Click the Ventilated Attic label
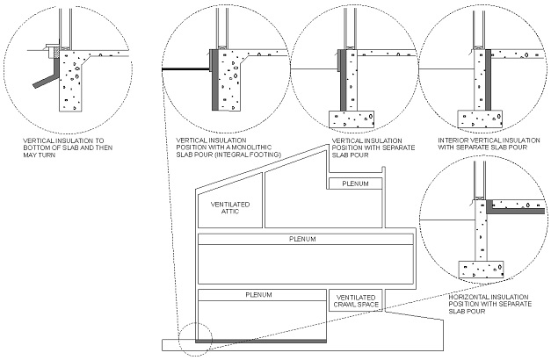click(231, 208)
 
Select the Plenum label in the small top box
click(355, 184)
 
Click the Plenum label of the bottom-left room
click(258, 294)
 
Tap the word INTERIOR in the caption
click(455, 140)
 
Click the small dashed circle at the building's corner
click(194, 340)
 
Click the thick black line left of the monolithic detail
click(185, 70)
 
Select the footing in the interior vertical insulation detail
click(478, 118)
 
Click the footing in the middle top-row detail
click(352, 118)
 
